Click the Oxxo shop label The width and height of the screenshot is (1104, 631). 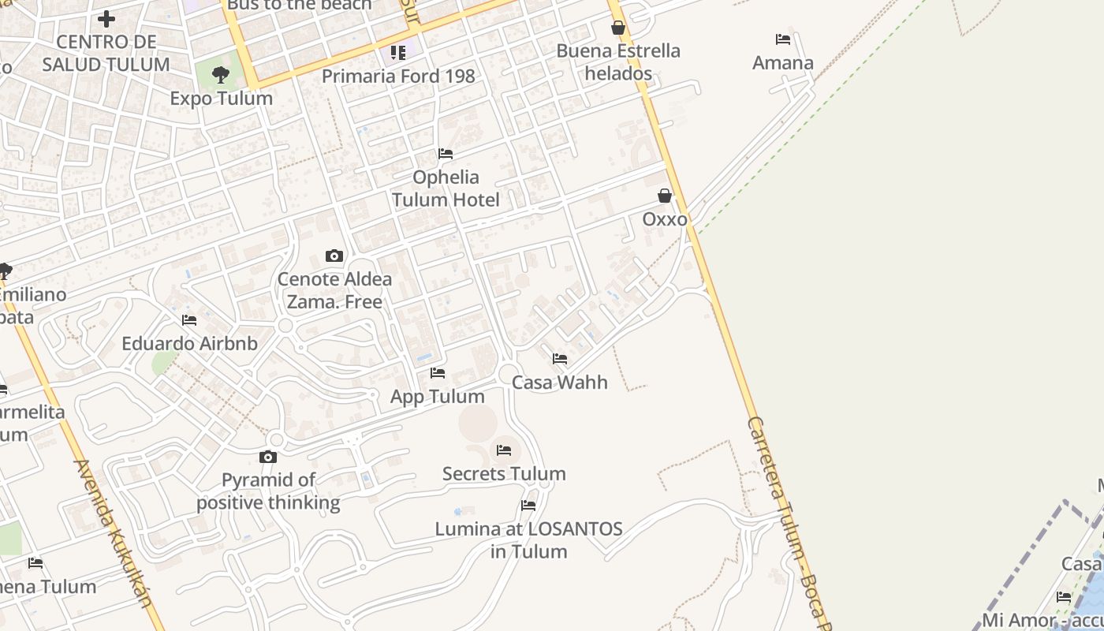tap(665, 219)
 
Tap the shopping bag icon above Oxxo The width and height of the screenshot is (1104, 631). tap(665, 196)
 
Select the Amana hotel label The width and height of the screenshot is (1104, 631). tap(782, 63)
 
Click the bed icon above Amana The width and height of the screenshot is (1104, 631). tap(782, 39)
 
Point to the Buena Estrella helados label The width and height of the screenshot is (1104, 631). tap(617, 62)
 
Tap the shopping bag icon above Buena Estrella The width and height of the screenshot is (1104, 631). tap(618, 28)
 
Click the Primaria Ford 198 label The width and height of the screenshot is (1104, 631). tap(398, 77)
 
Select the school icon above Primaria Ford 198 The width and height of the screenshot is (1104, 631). tap(398, 53)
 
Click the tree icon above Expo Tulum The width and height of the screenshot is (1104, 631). tap(221, 75)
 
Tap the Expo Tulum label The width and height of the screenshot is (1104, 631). tap(221, 99)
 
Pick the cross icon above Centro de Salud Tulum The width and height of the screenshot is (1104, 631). tap(106, 18)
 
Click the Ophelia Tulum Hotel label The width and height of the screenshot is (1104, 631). tap(446, 189)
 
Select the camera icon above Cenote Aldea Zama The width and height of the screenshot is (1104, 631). tap(334, 256)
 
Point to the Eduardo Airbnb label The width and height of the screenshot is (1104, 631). tap(189, 344)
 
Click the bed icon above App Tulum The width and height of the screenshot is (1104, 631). tap(438, 373)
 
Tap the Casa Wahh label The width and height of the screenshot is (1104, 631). tap(560, 383)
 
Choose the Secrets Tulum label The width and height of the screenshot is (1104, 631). tap(504, 474)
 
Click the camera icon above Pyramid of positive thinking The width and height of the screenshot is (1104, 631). tap(268, 457)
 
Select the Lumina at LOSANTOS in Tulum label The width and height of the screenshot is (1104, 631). tap(528, 540)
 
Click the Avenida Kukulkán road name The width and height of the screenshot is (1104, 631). tap(113, 532)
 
